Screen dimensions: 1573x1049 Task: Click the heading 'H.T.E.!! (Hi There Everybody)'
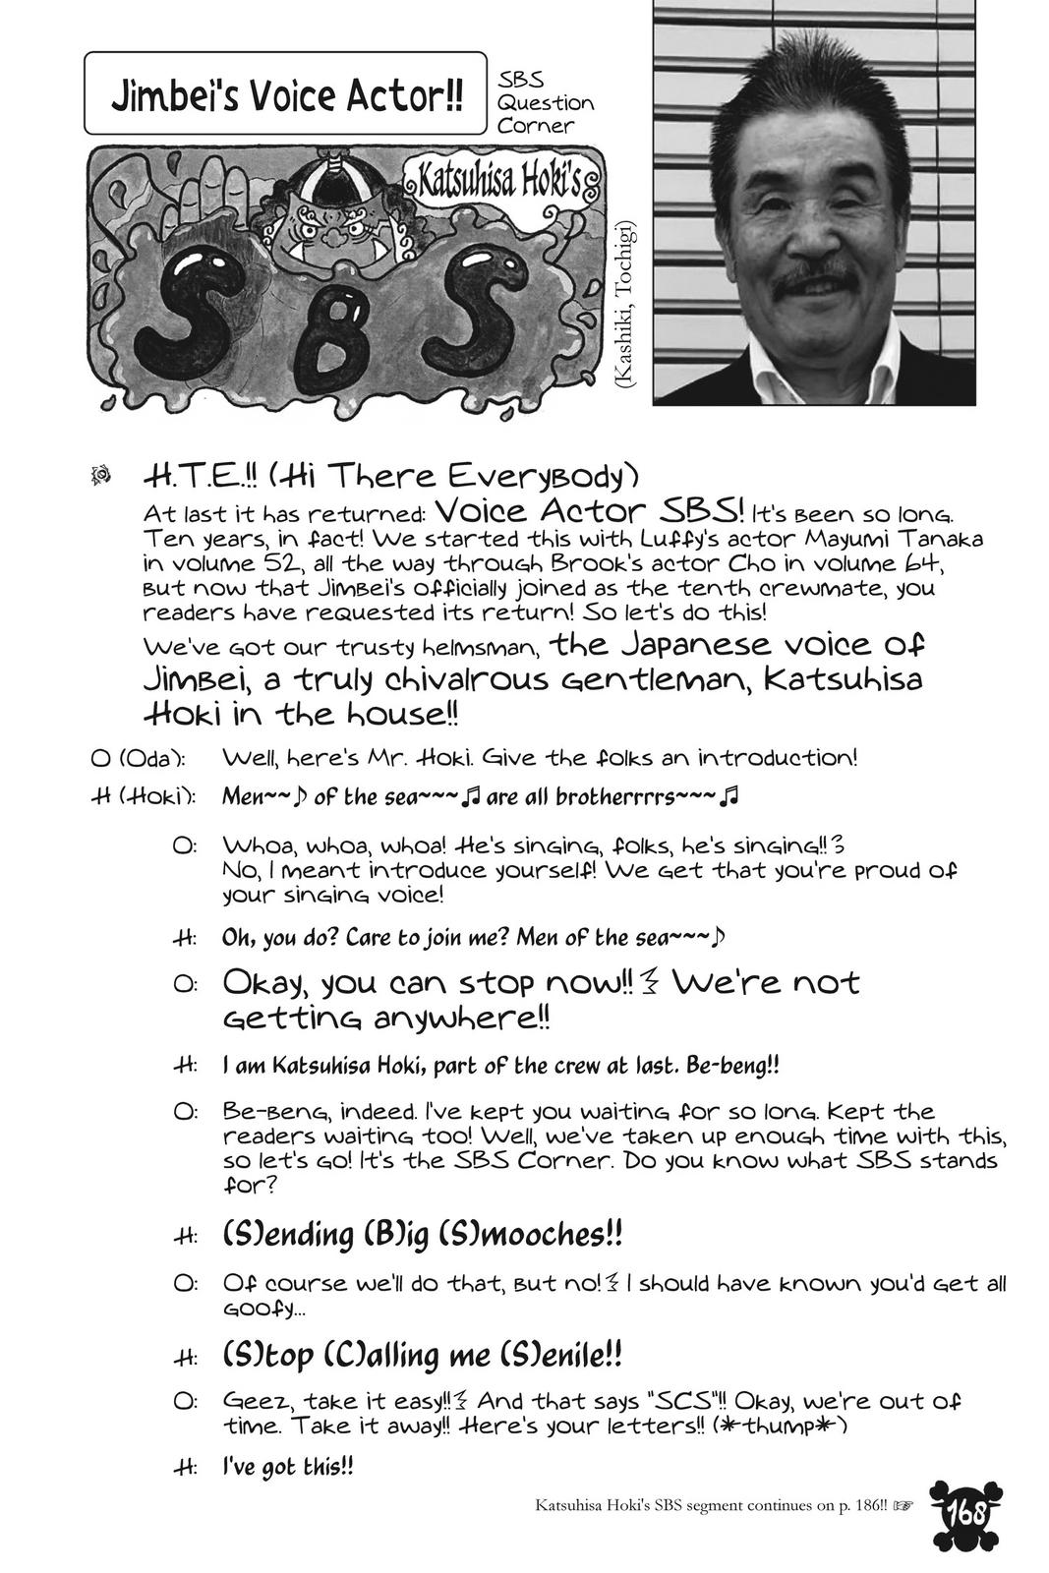[x=390, y=478]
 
